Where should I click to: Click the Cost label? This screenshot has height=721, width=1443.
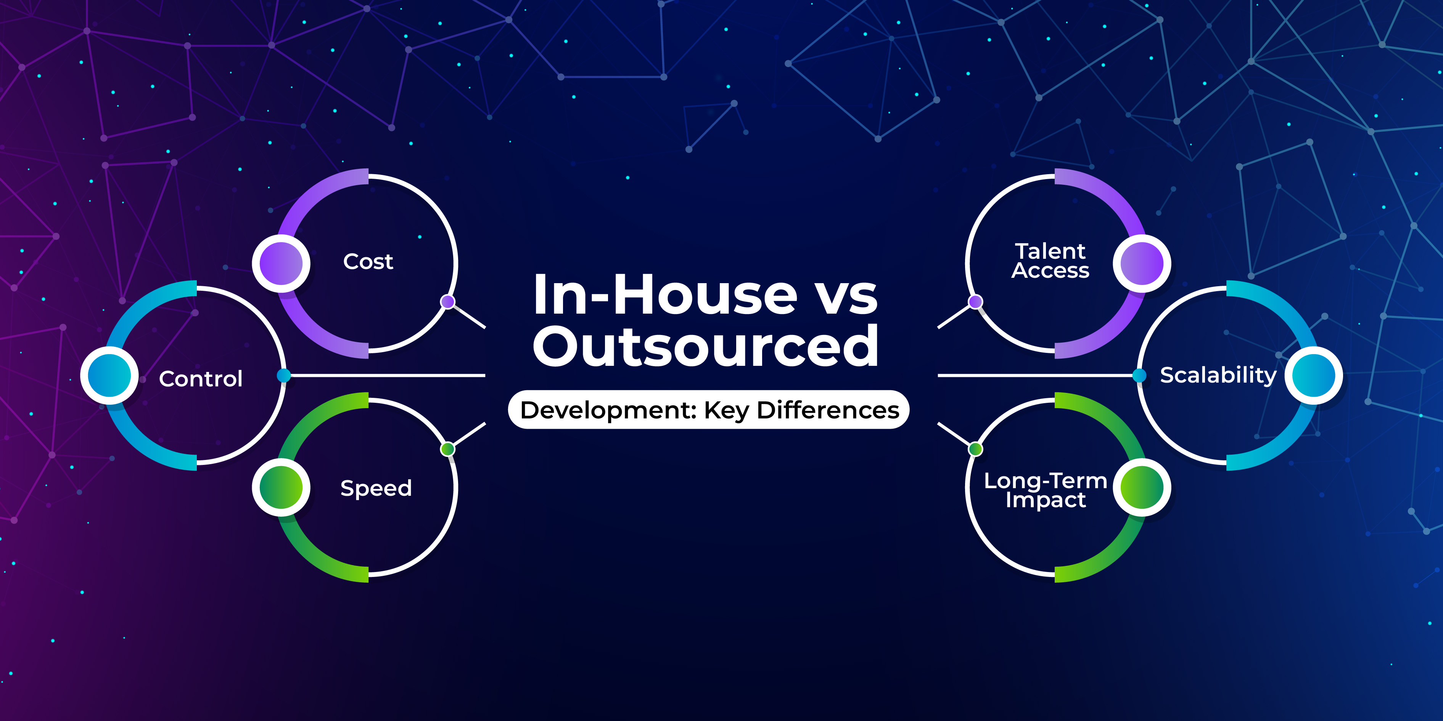click(x=368, y=261)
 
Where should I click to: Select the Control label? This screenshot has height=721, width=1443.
click(x=201, y=379)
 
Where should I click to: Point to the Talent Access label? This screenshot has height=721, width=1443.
click(x=1050, y=261)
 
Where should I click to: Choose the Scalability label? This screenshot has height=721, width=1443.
click(x=1218, y=375)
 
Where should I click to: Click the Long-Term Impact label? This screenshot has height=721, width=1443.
click(x=1045, y=490)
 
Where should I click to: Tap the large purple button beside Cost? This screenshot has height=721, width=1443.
click(x=281, y=263)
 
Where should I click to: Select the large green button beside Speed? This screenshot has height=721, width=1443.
click(x=281, y=487)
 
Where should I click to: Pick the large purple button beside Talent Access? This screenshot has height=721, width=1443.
click(x=1142, y=263)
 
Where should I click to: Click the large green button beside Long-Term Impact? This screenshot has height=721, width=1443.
click(x=1142, y=487)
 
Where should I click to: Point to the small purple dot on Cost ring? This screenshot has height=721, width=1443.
click(x=447, y=302)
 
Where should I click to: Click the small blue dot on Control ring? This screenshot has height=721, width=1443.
click(x=284, y=375)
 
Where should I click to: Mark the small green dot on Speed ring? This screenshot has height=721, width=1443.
click(x=447, y=449)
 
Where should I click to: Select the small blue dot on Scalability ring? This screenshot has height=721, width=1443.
click(x=1139, y=375)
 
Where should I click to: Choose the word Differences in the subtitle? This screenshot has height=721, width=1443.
click(x=828, y=410)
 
